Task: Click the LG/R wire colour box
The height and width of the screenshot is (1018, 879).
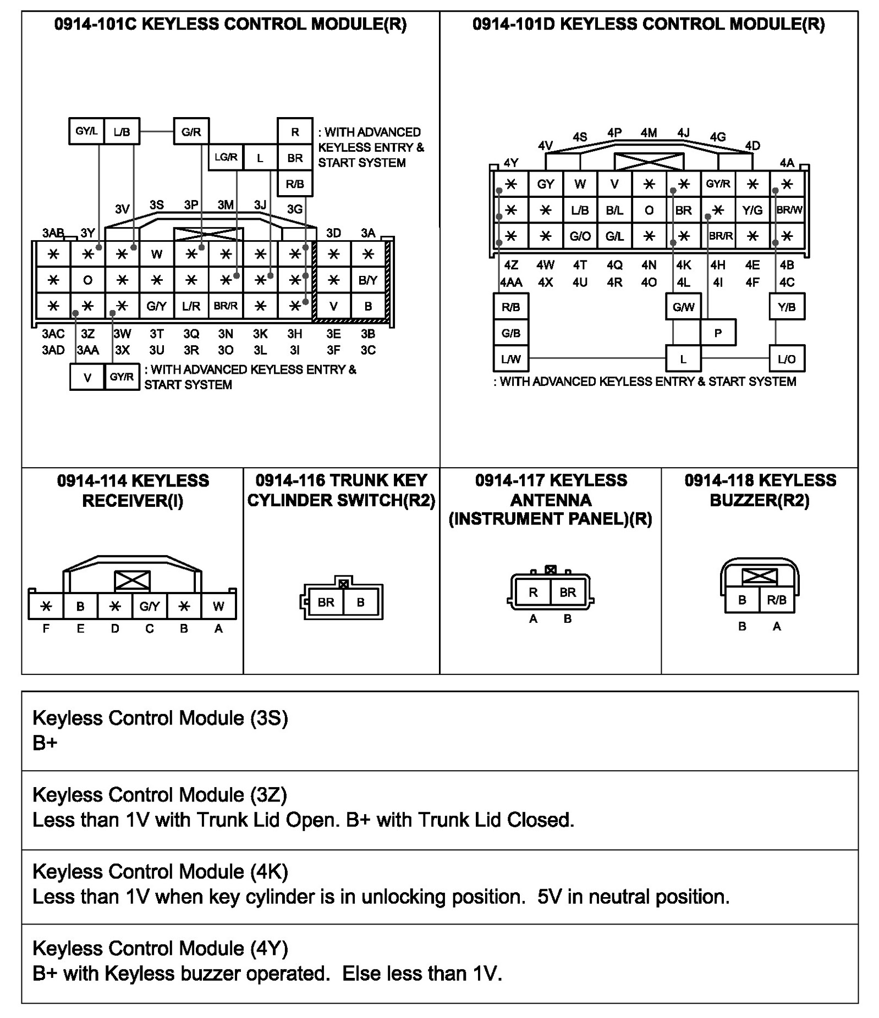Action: tap(226, 157)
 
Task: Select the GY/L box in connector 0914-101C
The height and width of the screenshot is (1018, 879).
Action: tap(86, 131)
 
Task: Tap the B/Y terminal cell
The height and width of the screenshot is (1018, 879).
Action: tap(368, 280)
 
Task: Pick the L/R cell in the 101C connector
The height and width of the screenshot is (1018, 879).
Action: tap(191, 306)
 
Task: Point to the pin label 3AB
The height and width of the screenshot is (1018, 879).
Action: tap(53, 233)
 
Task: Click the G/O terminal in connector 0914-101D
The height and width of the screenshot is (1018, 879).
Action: tap(580, 236)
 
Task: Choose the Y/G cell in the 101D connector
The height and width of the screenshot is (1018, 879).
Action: tap(752, 210)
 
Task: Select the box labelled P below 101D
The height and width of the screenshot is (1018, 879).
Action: tap(717, 333)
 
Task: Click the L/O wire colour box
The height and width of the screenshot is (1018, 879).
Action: tap(787, 359)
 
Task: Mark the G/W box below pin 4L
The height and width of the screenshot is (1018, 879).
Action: tap(683, 307)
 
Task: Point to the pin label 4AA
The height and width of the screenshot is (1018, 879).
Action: tap(511, 283)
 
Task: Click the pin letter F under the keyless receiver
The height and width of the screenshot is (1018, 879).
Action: tap(46, 628)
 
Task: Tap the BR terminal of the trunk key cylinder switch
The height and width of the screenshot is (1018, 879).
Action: tap(326, 602)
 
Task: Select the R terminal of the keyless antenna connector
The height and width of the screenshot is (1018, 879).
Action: tap(533, 592)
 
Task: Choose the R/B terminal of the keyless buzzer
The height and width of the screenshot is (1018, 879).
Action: tap(776, 600)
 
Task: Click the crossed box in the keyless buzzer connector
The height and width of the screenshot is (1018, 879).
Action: tap(759, 576)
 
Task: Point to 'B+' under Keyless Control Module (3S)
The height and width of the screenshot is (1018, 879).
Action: tap(45, 743)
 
